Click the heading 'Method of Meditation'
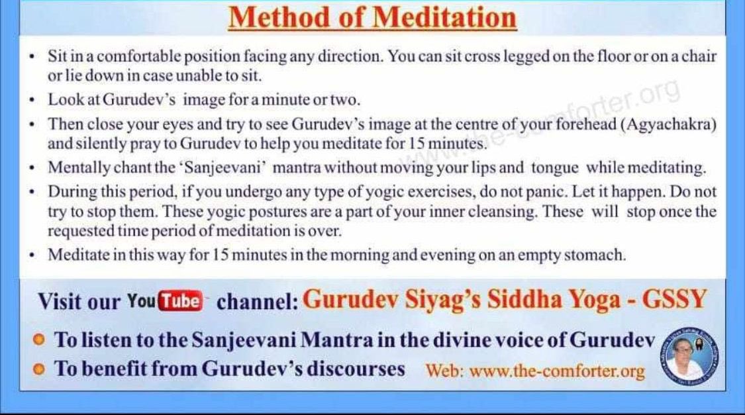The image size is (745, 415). click(372, 17)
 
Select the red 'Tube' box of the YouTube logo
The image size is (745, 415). click(181, 301)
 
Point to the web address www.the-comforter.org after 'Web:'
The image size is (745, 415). click(556, 371)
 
